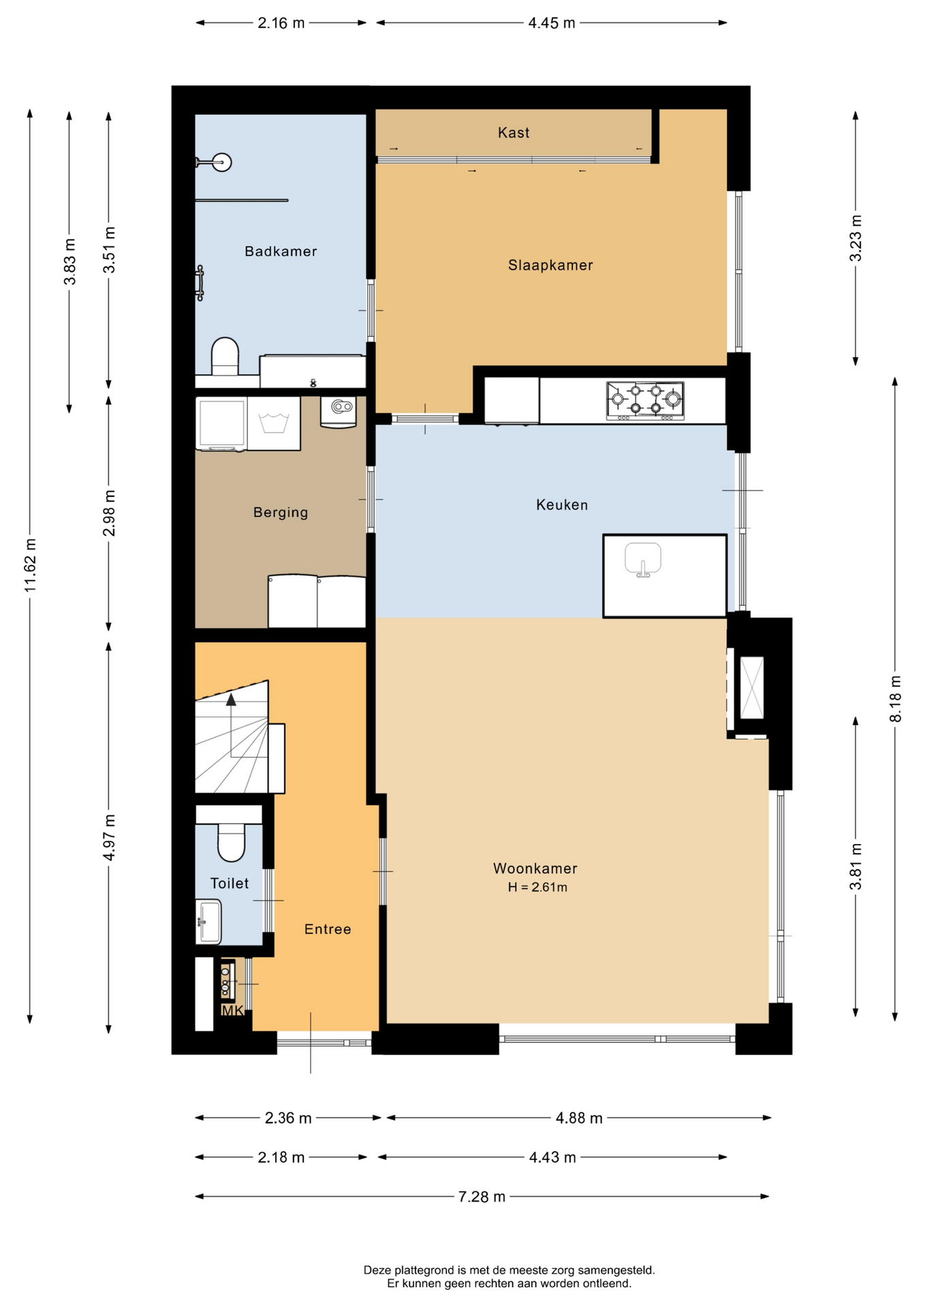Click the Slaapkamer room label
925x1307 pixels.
550,265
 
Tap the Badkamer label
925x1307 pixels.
281,251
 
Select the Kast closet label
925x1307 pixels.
514,133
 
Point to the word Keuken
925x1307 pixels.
562,504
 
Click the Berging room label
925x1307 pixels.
281,513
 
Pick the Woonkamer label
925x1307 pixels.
535,868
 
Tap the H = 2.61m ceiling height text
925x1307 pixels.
537,887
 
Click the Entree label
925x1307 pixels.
328,929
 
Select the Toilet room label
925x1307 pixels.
230,883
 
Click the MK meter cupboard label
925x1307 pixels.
232,1011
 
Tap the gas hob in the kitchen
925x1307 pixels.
645,401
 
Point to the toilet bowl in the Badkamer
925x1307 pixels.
225,356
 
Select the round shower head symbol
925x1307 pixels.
221,162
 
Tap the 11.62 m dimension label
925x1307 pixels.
31,565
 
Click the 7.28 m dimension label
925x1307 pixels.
482,1196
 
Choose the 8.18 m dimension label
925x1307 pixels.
895,699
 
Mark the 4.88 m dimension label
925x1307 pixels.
579,1118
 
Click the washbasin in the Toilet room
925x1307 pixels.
208,922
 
